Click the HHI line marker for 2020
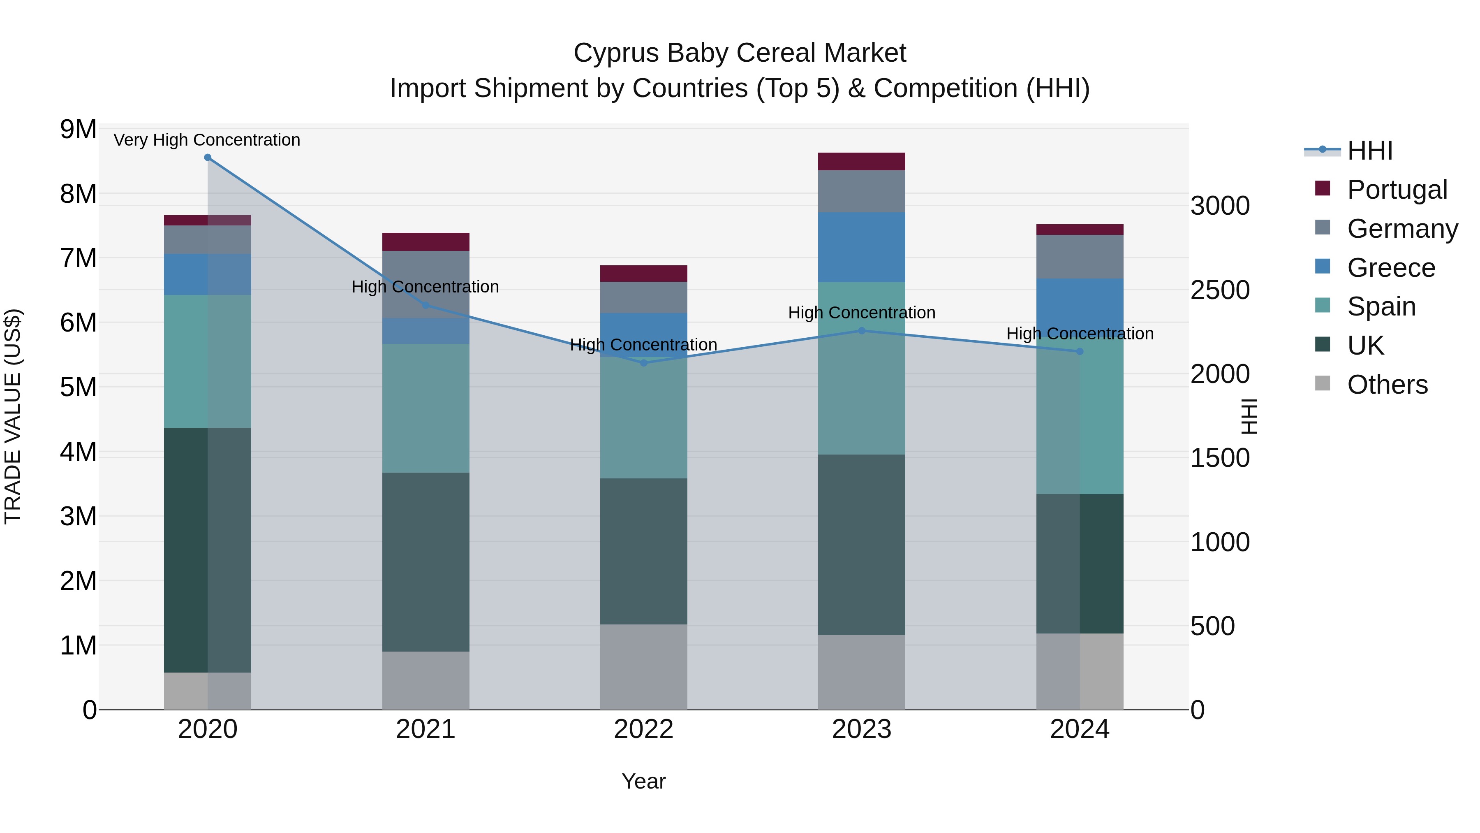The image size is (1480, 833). pyautogui.click(x=208, y=157)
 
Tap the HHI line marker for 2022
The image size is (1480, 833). pyautogui.click(x=643, y=363)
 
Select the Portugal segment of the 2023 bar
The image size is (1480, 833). pyautogui.click(x=861, y=162)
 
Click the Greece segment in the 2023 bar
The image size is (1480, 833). pyautogui.click(x=861, y=247)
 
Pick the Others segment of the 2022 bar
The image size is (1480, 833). pyautogui.click(x=643, y=667)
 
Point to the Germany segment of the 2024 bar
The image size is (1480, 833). pyautogui.click(x=1080, y=257)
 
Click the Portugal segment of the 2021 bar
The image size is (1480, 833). pyautogui.click(x=426, y=242)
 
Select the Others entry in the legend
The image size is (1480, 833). pyautogui.click(x=1387, y=385)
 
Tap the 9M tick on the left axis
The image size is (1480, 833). pyautogui.click(x=79, y=130)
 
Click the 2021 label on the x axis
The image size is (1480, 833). pyautogui.click(x=426, y=729)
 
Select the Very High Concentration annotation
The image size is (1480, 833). pyautogui.click(x=207, y=140)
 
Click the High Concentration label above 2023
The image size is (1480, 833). pyautogui.click(x=861, y=313)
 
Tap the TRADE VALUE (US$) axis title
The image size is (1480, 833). pyautogui.click(x=13, y=416)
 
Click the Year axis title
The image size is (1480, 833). pyautogui.click(x=643, y=781)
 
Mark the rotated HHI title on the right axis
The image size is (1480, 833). pyautogui.click(x=1249, y=416)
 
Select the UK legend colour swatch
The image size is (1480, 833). pyautogui.click(x=1322, y=345)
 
